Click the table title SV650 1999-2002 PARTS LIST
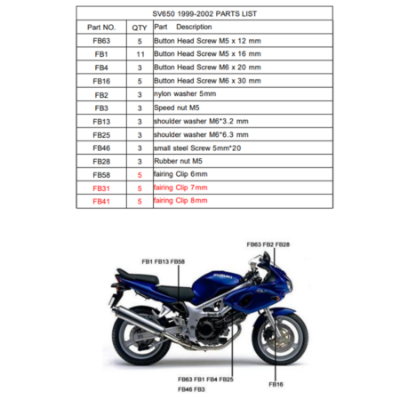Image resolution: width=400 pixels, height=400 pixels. click(x=204, y=13)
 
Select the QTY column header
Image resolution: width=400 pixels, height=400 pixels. click(x=140, y=28)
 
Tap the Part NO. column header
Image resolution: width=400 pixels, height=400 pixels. click(x=101, y=28)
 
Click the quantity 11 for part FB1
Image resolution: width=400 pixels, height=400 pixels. click(x=140, y=54)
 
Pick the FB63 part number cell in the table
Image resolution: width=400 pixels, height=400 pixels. click(x=101, y=41)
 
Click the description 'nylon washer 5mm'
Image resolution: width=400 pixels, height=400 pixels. click(x=185, y=94)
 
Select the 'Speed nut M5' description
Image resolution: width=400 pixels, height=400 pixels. click(x=177, y=108)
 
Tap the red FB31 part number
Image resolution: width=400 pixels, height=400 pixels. click(x=101, y=188)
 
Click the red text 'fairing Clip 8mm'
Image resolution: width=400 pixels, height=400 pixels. click(x=180, y=201)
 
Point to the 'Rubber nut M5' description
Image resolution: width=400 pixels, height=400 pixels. click(x=178, y=161)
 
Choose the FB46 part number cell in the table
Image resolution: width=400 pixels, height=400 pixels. click(x=101, y=148)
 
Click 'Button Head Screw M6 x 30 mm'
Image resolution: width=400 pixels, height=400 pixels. click(x=207, y=81)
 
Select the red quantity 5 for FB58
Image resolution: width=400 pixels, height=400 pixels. click(x=140, y=175)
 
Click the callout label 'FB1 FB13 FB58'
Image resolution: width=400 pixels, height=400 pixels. click(x=164, y=261)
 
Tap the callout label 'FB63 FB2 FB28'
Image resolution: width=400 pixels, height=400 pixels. click(x=268, y=244)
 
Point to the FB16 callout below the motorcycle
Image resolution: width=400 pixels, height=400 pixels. click(x=276, y=384)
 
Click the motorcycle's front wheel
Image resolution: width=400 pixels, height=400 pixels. click(x=280, y=339)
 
